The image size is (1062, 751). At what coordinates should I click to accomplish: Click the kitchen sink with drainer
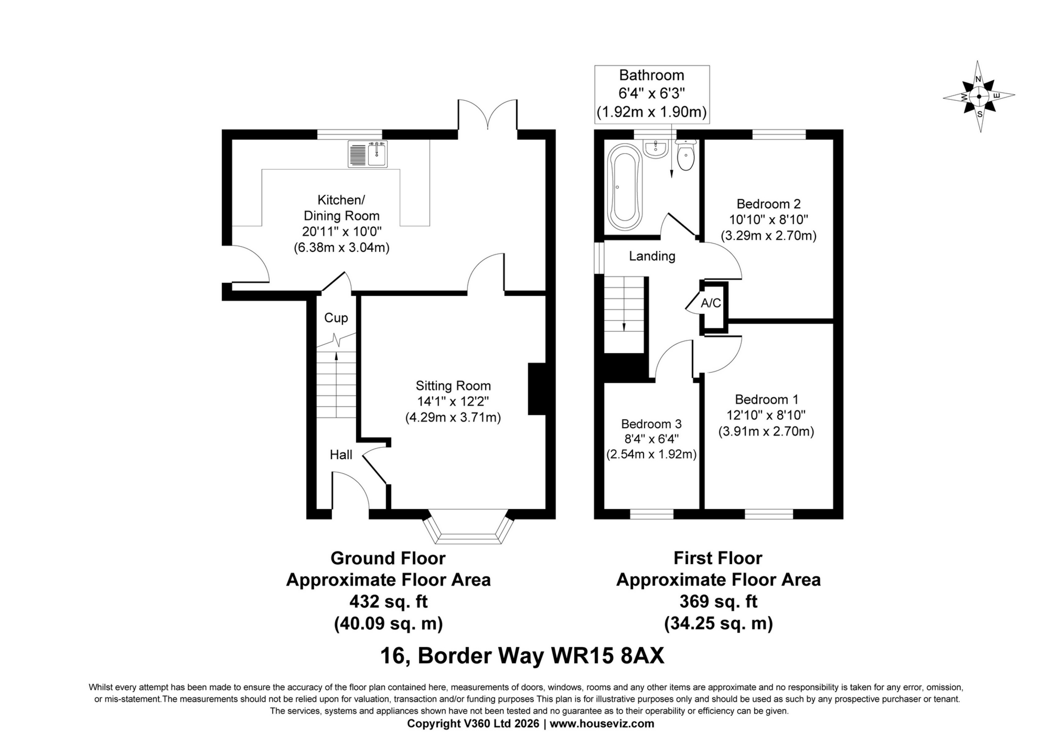point(368,154)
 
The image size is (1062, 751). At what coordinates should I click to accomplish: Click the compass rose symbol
point(979,97)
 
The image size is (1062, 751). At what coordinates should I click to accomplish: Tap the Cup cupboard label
point(336,318)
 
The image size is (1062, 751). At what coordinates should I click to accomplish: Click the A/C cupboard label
point(711,303)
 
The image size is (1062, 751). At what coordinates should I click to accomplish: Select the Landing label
point(652,256)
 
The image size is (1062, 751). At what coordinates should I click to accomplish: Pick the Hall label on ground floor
point(341,455)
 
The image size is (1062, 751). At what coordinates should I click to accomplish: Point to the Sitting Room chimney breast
point(537,389)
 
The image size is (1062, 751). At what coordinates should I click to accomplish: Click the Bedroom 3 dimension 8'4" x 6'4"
point(651,439)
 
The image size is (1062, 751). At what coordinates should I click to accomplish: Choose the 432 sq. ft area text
point(388,601)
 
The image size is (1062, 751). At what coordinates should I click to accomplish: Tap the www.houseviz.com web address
point(602,724)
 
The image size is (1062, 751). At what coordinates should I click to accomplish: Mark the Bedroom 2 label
point(768,204)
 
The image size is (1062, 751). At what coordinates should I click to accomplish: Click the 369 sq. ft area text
point(718,601)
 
